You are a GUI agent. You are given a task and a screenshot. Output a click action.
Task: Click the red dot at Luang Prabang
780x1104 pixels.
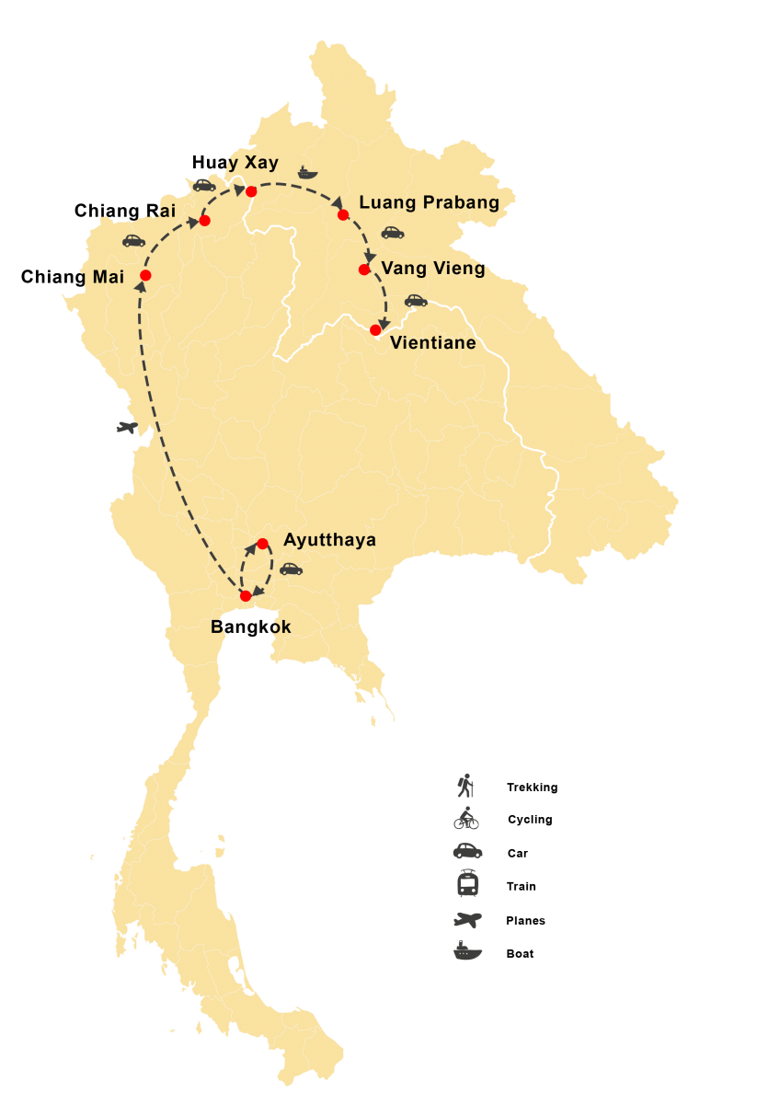pyautogui.click(x=343, y=214)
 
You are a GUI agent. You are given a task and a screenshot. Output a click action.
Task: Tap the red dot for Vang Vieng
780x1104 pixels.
pyautogui.click(x=364, y=270)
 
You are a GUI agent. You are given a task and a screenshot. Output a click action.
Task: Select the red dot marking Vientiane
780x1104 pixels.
pyautogui.click(x=375, y=329)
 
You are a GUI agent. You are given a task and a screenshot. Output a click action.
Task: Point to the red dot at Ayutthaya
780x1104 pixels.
pyautogui.click(x=262, y=543)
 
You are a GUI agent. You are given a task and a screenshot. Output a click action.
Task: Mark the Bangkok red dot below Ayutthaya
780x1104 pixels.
pyautogui.click(x=246, y=595)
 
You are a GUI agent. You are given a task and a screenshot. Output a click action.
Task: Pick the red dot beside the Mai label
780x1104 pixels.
pyautogui.click(x=145, y=275)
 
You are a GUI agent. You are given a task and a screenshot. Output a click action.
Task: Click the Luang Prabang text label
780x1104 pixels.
pyautogui.click(x=429, y=202)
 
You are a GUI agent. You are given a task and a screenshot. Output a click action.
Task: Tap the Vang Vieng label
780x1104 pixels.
pyautogui.click(x=432, y=269)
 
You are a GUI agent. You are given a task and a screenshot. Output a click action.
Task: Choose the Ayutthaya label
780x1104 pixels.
pyautogui.click(x=329, y=540)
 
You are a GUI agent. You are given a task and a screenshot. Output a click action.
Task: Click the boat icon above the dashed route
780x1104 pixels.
pyautogui.click(x=307, y=172)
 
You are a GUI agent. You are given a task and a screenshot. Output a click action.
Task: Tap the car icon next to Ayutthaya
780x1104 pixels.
pyautogui.click(x=291, y=569)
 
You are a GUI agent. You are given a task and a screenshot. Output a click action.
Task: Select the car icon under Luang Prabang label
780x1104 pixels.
pyautogui.click(x=393, y=233)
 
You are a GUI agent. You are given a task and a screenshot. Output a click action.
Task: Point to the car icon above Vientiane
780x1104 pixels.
pyautogui.click(x=416, y=300)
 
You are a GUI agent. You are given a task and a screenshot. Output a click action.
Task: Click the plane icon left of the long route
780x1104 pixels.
pyautogui.click(x=126, y=427)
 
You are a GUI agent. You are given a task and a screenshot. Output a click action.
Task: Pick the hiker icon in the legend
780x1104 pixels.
pyautogui.click(x=466, y=786)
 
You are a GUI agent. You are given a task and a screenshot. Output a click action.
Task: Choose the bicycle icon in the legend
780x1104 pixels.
pyautogui.click(x=466, y=818)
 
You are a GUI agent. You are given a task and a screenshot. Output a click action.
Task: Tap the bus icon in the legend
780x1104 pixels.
pyautogui.click(x=467, y=884)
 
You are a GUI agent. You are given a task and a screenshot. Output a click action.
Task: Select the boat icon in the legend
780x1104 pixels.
pyautogui.click(x=467, y=951)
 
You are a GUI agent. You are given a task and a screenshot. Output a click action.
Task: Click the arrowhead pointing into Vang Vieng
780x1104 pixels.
pyautogui.click(x=370, y=257)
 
